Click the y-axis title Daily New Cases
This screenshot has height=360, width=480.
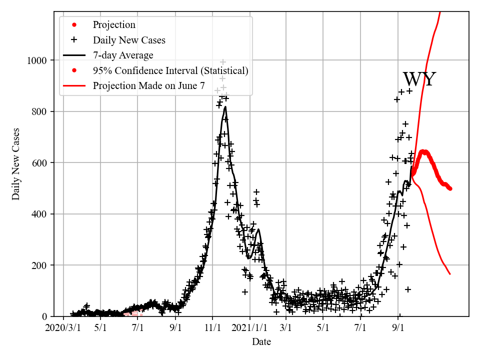coord(16,163)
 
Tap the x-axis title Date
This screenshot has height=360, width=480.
coord(261,342)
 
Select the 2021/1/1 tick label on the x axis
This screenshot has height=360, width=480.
coord(250,328)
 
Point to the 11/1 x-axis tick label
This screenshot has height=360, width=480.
coord(212,328)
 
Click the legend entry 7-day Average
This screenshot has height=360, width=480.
coord(123,55)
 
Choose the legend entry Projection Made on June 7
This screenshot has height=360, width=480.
coord(148,85)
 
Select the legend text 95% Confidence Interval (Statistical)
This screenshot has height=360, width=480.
coord(170,70)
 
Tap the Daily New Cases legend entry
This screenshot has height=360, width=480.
coord(129,40)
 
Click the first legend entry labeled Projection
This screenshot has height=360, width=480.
coord(114,24)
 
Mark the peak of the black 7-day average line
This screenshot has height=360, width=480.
coord(225,106)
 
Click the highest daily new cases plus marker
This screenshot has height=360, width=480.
coord(223,62)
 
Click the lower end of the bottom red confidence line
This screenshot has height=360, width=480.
coord(450,274)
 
